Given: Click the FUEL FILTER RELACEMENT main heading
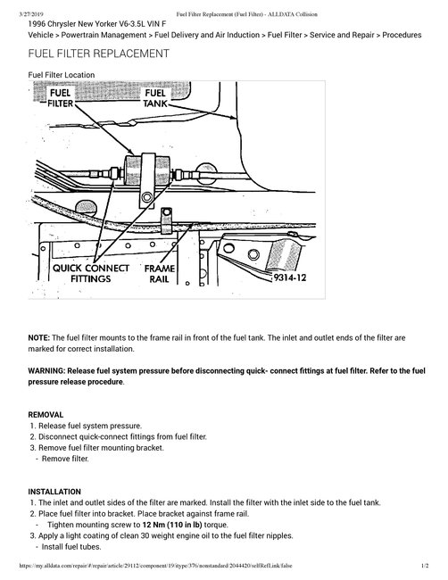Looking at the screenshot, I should pos(99,54).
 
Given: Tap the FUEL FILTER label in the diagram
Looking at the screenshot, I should pos(62,98).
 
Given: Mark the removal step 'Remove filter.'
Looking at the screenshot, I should pos(66,459).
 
